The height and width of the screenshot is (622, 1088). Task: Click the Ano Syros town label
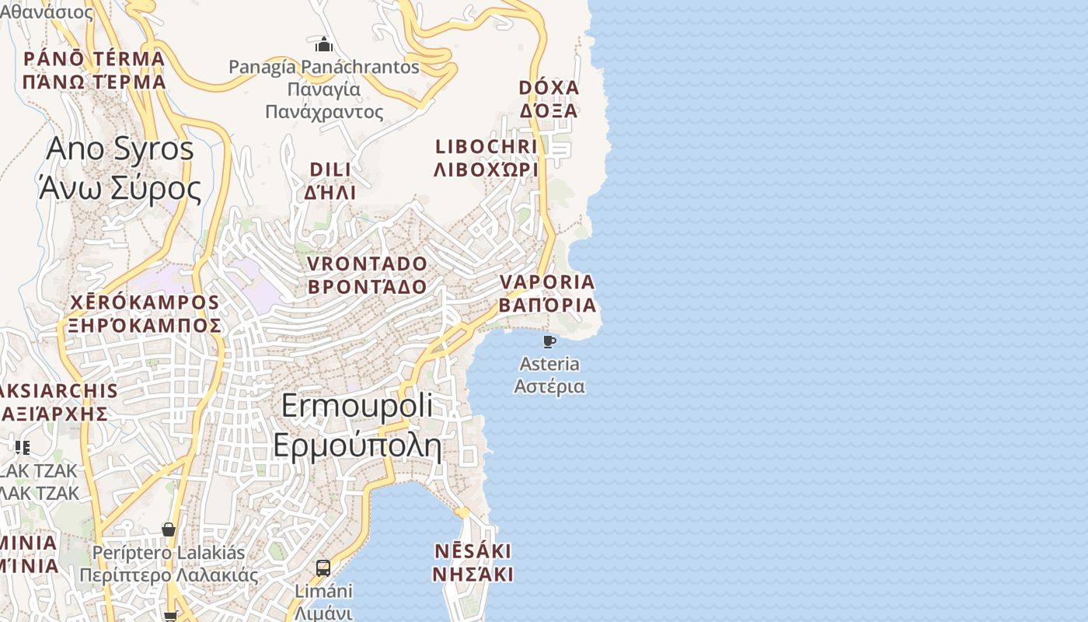point(120,168)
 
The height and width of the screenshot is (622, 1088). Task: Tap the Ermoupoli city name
point(357,425)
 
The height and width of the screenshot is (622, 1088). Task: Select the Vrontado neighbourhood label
point(367,275)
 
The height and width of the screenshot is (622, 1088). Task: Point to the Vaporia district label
point(547,293)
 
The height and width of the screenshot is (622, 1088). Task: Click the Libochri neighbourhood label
point(486,158)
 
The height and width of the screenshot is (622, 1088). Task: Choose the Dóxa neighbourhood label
point(549,99)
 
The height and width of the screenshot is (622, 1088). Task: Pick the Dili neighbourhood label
point(330,180)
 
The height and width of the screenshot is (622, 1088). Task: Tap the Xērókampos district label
point(145,313)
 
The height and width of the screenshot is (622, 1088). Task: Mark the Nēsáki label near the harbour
point(473,563)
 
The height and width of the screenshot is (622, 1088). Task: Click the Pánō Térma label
point(94,70)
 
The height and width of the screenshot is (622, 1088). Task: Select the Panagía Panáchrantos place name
point(324,89)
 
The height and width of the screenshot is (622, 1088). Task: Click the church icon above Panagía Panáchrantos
point(324,44)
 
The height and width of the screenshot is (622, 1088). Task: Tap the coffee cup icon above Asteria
point(549,341)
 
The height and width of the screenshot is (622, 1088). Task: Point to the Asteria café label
point(549,375)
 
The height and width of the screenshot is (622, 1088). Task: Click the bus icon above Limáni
point(323,568)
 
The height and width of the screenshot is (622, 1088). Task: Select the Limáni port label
point(323,602)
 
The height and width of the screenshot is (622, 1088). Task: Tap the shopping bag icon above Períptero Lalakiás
point(169,530)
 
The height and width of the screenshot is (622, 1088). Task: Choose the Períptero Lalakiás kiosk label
point(169,564)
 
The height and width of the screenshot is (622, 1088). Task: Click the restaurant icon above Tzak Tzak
point(23,448)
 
